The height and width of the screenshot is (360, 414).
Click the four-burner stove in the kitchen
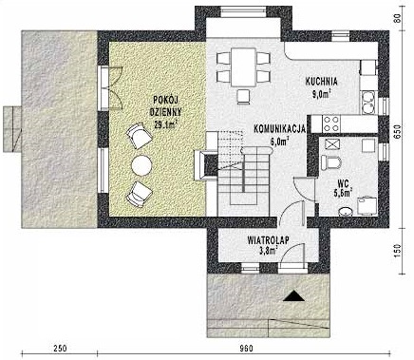331,122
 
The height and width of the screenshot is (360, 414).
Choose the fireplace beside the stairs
204,163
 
